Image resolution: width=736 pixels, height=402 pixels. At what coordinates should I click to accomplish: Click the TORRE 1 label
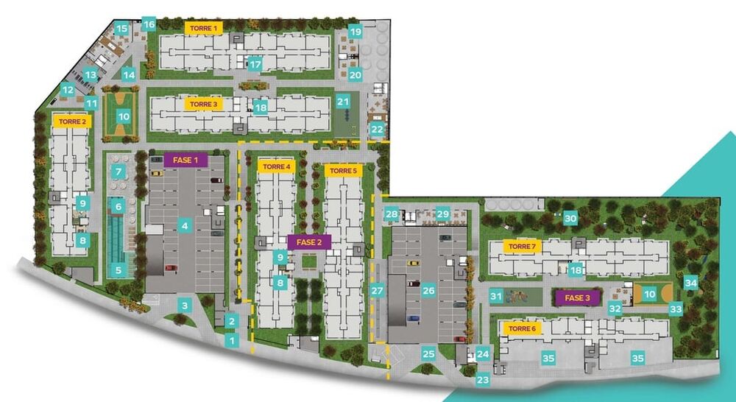pyautogui.click(x=204, y=28)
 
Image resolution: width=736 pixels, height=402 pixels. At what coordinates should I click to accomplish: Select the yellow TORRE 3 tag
pyautogui.click(x=203, y=105)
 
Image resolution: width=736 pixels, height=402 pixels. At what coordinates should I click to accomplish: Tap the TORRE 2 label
pyautogui.click(x=71, y=121)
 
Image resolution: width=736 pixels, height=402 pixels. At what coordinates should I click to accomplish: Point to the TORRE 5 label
pyautogui.click(x=343, y=171)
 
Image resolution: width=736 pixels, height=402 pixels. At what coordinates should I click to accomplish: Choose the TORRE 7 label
pyautogui.click(x=521, y=246)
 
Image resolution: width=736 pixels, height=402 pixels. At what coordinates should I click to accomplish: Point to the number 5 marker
pyautogui.click(x=118, y=270)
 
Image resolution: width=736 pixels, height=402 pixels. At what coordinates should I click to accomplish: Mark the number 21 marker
pyautogui.click(x=343, y=102)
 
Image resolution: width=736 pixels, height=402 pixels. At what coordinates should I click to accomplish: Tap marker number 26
pyautogui.click(x=428, y=290)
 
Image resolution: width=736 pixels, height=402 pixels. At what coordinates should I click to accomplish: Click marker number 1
pyautogui.click(x=233, y=341)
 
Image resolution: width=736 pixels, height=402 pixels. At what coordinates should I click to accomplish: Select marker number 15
pyautogui.click(x=122, y=30)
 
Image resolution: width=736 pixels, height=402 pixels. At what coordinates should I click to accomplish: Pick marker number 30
pyautogui.click(x=570, y=219)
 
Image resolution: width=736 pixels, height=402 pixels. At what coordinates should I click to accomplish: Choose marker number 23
pyautogui.click(x=483, y=380)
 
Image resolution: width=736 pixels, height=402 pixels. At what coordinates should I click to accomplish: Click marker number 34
pyautogui.click(x=690, y=282)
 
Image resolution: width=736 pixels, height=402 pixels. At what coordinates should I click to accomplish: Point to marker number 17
pyautogui.click(x=255, y=65)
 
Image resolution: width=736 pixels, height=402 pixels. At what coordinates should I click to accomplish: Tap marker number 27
pyautogui.click(x=377, y=290)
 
